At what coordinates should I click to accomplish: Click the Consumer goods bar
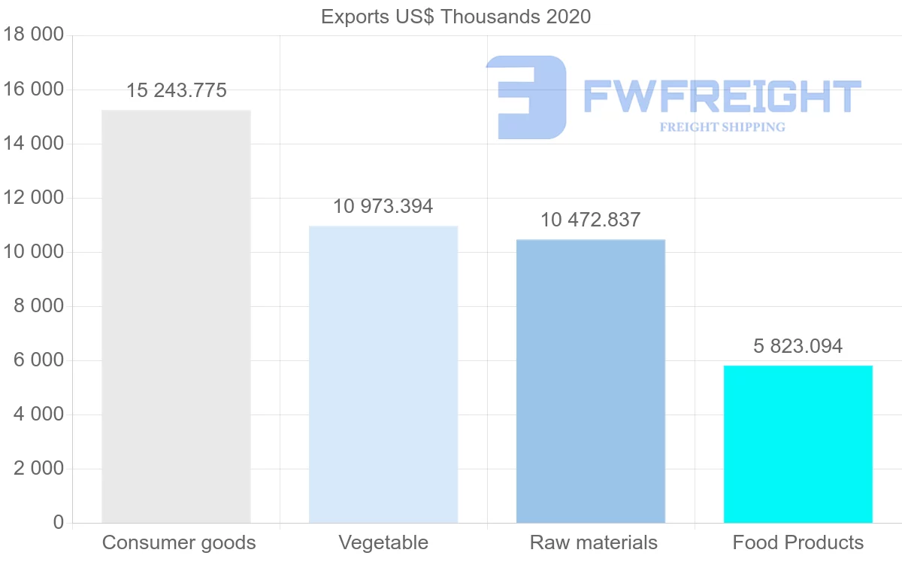176,316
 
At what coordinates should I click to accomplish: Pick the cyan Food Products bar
798,444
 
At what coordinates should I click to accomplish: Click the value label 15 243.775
177,91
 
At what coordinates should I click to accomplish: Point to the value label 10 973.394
383,207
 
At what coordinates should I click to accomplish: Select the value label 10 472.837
591,220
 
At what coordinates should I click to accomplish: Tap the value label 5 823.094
798,347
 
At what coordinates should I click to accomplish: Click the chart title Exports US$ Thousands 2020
456,17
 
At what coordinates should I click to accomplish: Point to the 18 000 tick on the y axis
32,35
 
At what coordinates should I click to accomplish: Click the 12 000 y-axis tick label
32,198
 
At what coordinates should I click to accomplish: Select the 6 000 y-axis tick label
38,360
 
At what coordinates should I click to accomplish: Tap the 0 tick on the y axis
59,523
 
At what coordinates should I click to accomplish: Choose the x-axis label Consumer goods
179,542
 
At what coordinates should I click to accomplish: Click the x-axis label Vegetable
383,542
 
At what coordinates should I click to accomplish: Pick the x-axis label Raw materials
594,542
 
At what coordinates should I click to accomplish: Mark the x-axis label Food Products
798,542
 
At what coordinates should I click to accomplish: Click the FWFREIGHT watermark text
722,96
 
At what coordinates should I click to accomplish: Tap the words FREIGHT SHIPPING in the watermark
722,127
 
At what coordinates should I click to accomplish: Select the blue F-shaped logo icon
526,96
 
